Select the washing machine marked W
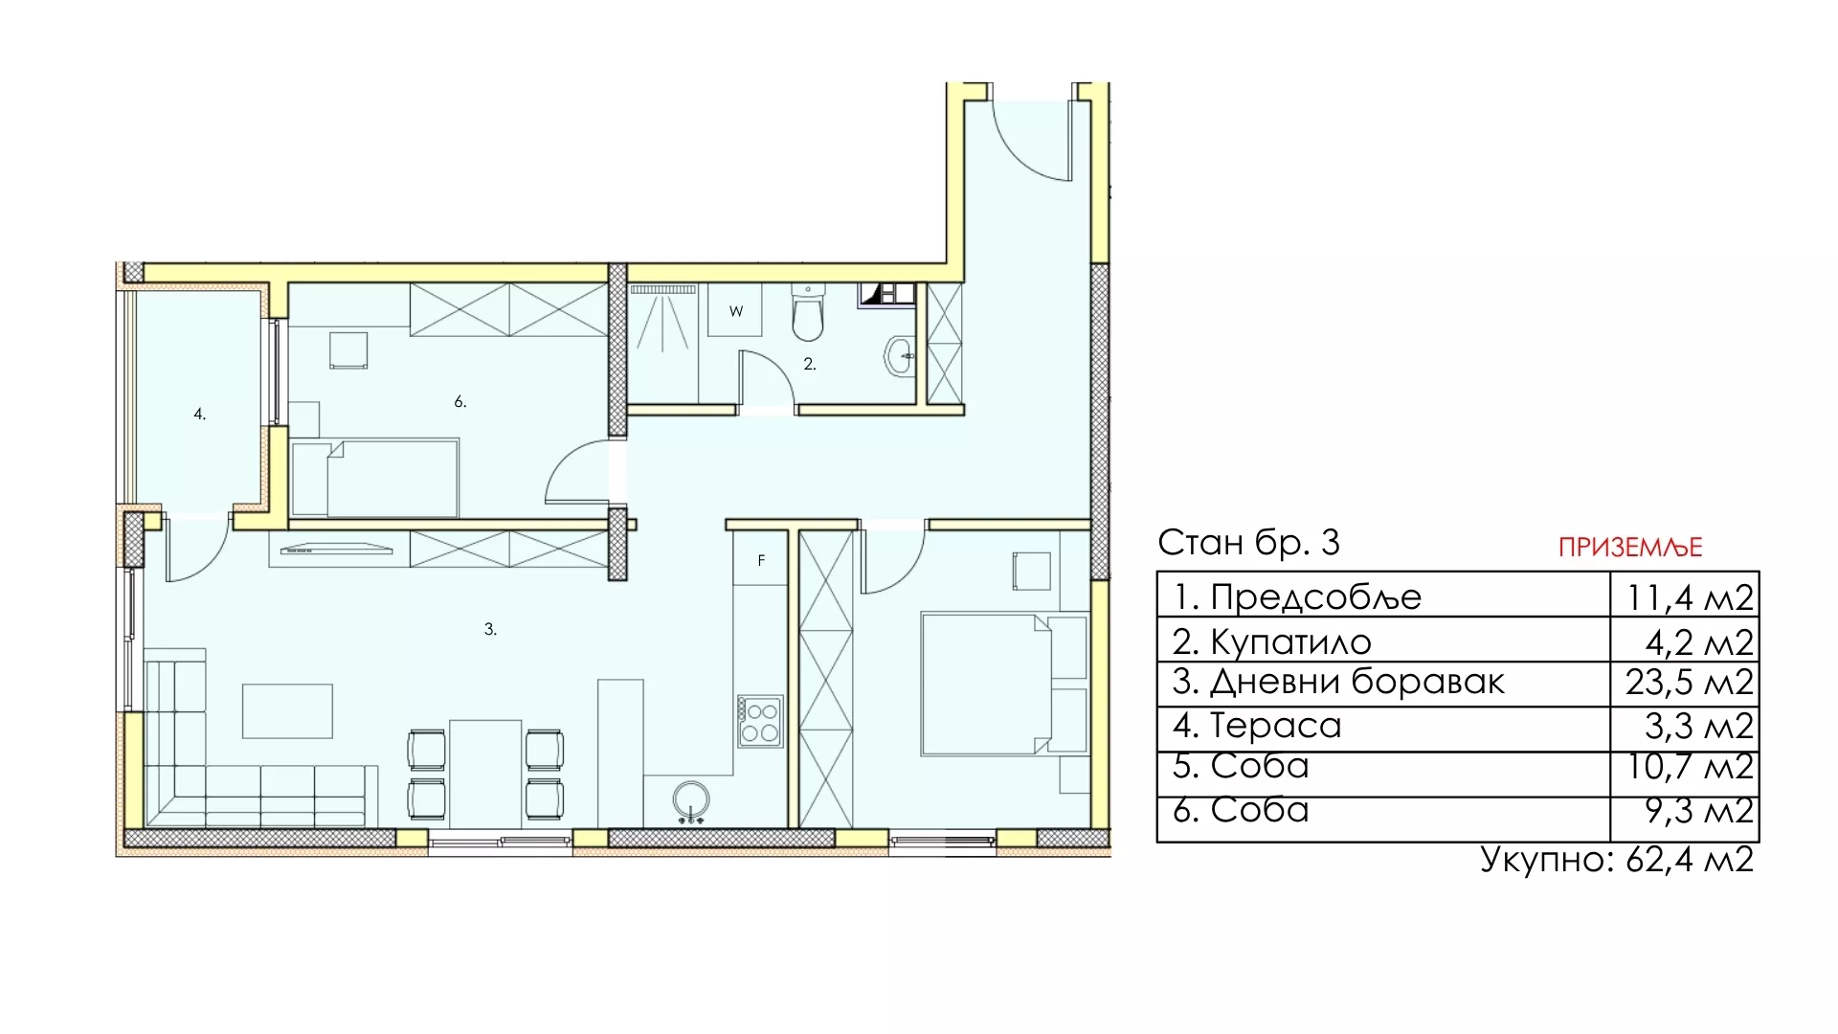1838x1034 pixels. pos(735,310)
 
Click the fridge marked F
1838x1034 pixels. pos(761,559)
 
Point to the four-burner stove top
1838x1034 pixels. pos(760,722)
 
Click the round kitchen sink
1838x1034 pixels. pos(691,800)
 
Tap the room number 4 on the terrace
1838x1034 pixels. pos(199,415)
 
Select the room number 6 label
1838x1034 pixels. pos(460,402)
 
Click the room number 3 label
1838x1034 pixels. pos(490,629)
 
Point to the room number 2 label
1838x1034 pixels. pos(810,364)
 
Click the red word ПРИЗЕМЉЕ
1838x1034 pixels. pos(1630,547)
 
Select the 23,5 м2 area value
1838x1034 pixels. pos(1689,683)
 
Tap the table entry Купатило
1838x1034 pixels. pos(1290,641)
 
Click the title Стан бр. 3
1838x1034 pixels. pos(1248,542)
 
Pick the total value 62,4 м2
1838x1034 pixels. pos(1689,859)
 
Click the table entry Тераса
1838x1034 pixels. pos(1276,725)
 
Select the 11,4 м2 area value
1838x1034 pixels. pos(1690,597)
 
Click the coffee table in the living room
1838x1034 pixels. pos(287,711)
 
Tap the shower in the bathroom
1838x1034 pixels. pos(662,343)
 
